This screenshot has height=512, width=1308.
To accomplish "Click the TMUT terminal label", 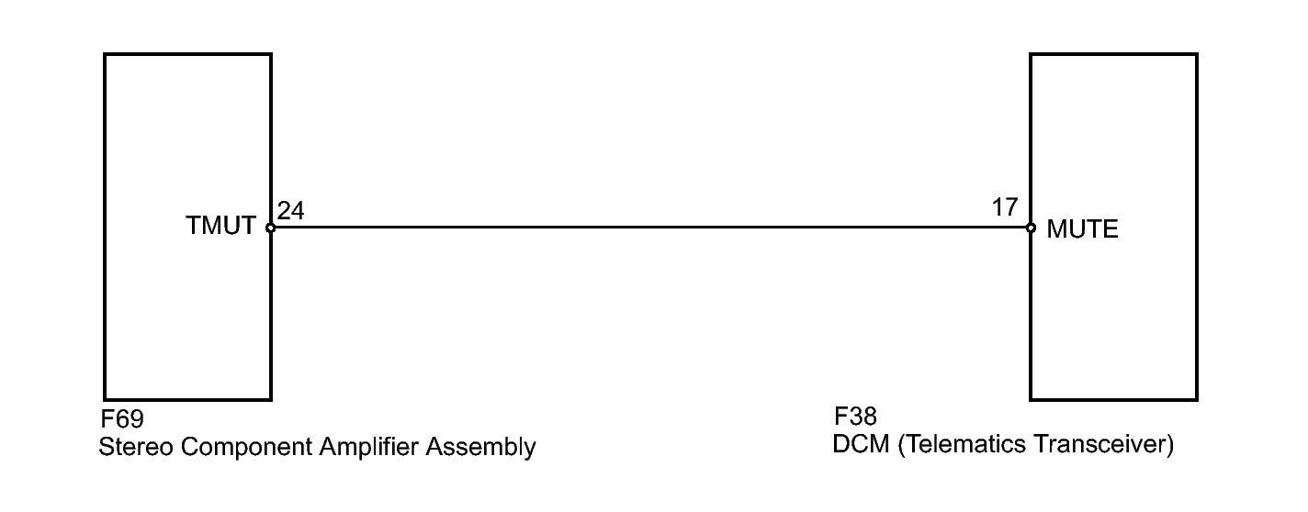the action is click(220, 226).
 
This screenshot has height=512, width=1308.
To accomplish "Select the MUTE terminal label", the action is click(1082, 229).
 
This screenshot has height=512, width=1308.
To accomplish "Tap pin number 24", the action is click(291, 210).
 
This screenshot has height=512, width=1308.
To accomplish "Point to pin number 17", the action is click(1004, 207).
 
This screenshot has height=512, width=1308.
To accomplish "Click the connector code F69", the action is click(122, 418).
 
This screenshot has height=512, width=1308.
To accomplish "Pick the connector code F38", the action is click(855, 417).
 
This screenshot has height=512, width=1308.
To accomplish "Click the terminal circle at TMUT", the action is click(270, 228).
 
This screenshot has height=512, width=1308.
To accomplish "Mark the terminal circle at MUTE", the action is click(1031, 228).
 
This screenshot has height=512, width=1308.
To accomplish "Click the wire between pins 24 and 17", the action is click(650, 228).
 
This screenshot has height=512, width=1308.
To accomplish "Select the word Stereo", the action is click(136, 447).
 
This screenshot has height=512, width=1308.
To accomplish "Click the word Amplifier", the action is click(369, 447).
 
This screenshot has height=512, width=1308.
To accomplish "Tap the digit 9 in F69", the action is click(137, 418).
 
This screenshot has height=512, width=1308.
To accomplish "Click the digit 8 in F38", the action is click(870, 417).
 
